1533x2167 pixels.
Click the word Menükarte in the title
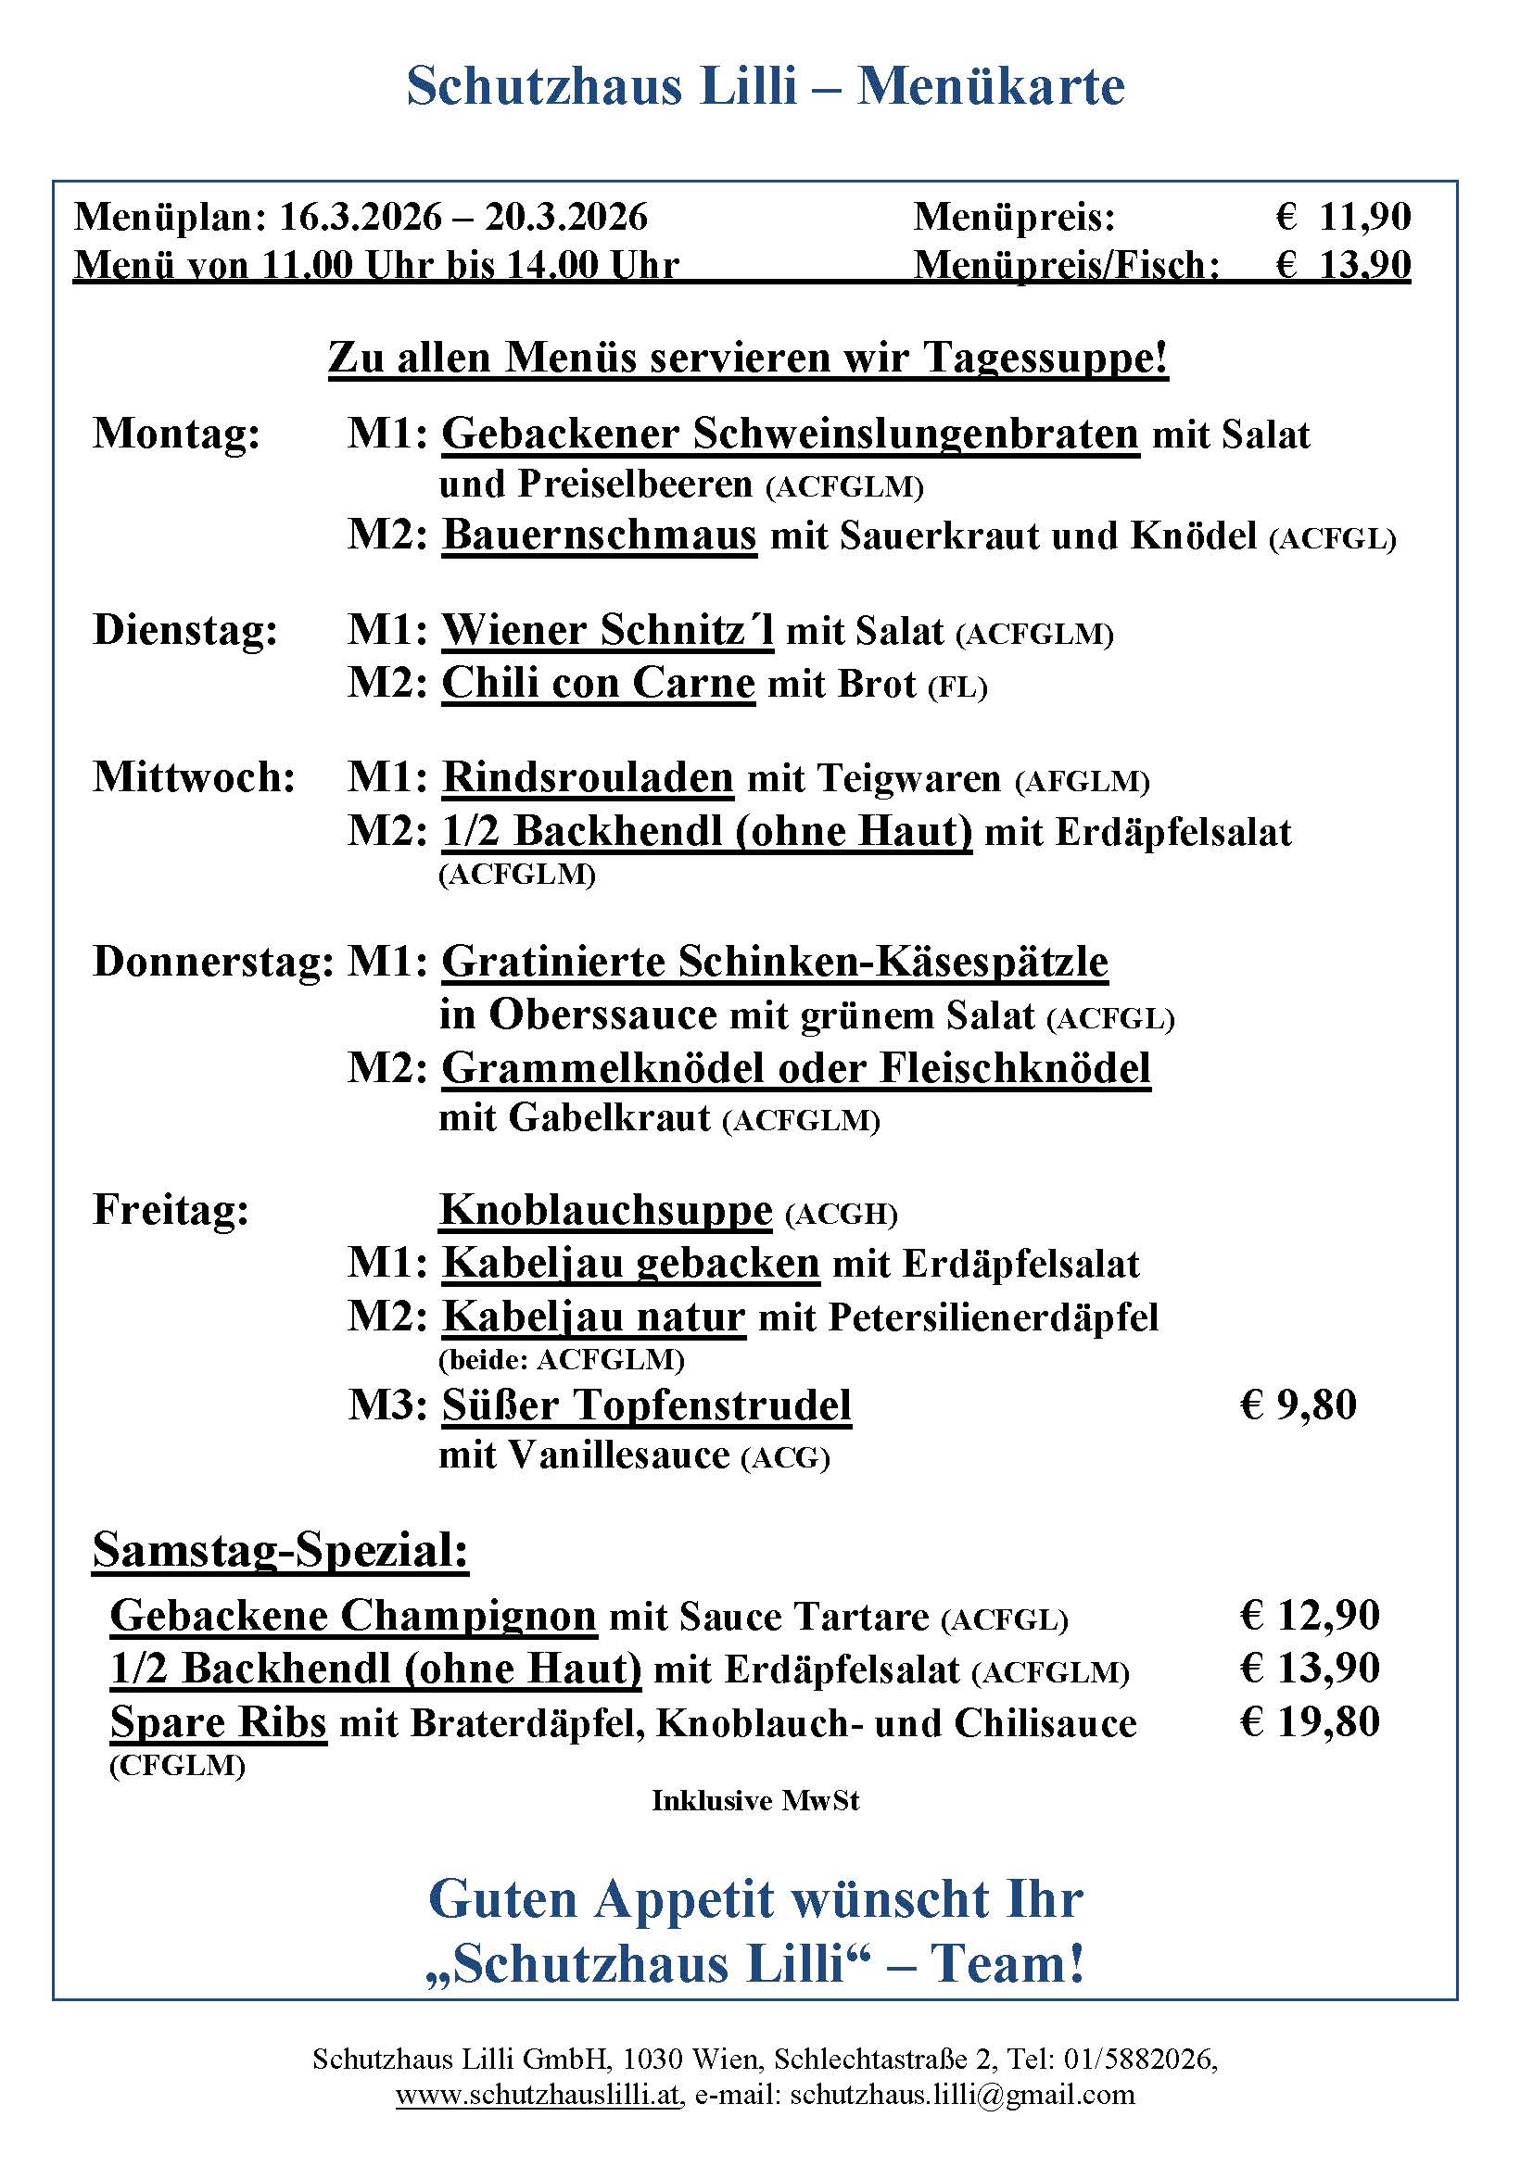(990, 87)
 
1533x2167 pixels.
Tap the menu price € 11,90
(1342, 217)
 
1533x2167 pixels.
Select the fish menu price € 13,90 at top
(1342, 265)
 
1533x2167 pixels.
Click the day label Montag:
(176, 435)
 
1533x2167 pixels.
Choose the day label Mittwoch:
(195, 777)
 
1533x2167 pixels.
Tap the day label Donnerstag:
(213, 962)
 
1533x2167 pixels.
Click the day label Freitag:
(171, 1210)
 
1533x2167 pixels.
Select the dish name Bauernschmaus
(600, 535)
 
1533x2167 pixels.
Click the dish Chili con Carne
(599, 684)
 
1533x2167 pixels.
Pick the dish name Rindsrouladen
(587, 777)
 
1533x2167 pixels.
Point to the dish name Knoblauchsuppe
(606, 1210)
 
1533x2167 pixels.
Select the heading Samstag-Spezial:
(280, 1550)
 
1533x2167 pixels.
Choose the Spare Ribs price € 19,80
(1310, 1721)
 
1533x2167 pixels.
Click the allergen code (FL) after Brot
(957, 688)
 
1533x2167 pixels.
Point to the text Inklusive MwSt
(755, 1801)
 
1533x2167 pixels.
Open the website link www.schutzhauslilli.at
(538, 2095)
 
